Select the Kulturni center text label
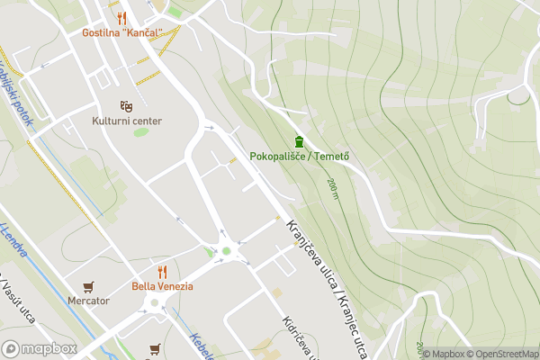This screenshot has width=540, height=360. click(x=126, y=120)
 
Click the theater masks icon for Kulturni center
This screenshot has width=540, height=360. click(x=127, y=105)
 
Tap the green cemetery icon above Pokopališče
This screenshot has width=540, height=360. click(x=299, y=141)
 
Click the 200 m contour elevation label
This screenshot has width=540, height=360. click(x=334, y=188)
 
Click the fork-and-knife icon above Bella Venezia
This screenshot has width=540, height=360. click(x=163, y=271)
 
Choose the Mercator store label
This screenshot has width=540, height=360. click(x=88, y=301)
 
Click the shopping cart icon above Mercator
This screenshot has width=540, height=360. click(x=88, y=286)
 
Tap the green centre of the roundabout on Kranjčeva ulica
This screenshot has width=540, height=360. click(x=227, y=251)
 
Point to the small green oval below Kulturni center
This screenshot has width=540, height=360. click(x=140, y=132)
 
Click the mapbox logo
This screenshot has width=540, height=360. click(x=40, y=348)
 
